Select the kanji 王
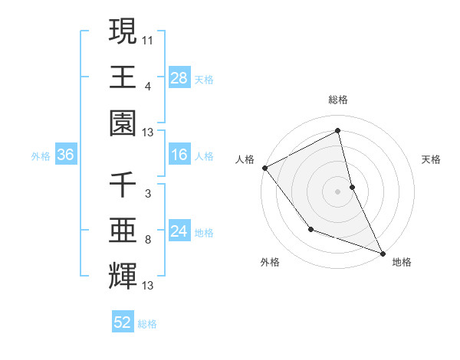123,77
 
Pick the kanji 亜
123,231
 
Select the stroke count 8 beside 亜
147,239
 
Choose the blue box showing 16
179,155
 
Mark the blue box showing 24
179,231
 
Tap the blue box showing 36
66,155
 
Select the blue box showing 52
123,322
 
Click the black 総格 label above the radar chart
338,100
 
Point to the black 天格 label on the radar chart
432,159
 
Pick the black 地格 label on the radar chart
402,262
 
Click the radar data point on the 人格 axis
264,167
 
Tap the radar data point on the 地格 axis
383,252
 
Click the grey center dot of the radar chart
338,191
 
